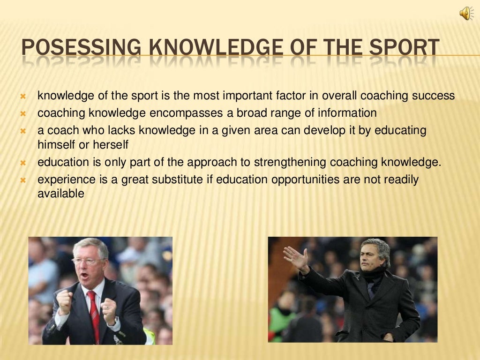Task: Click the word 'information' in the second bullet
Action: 347,113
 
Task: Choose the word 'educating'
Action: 403,130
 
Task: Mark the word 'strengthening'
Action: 290,163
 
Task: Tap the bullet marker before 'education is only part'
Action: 22,163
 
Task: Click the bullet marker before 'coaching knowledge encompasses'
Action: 22,113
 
